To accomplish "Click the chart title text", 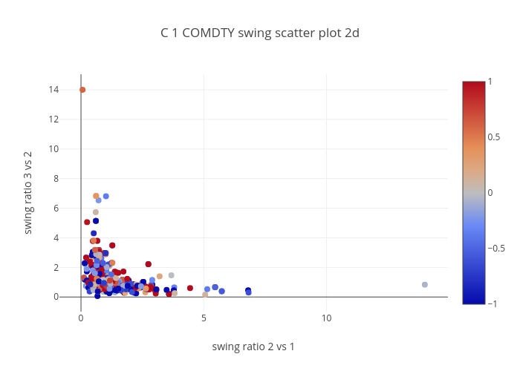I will coord(260,33).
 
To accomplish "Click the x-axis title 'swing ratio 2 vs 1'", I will coord(253,347).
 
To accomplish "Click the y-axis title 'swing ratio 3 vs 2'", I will coord(28,192).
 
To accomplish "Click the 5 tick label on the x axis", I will coord(204,318).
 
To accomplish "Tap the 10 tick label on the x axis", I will coord(327,318).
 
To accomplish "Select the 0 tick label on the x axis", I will coord(81,318).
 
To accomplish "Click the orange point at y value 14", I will coord(82,90).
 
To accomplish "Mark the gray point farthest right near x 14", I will coord(425,285).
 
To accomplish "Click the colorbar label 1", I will coord(490,81).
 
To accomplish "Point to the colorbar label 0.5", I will coord(493,137).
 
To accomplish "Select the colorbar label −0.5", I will coord(495,249).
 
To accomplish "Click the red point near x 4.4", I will coord(190,288).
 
